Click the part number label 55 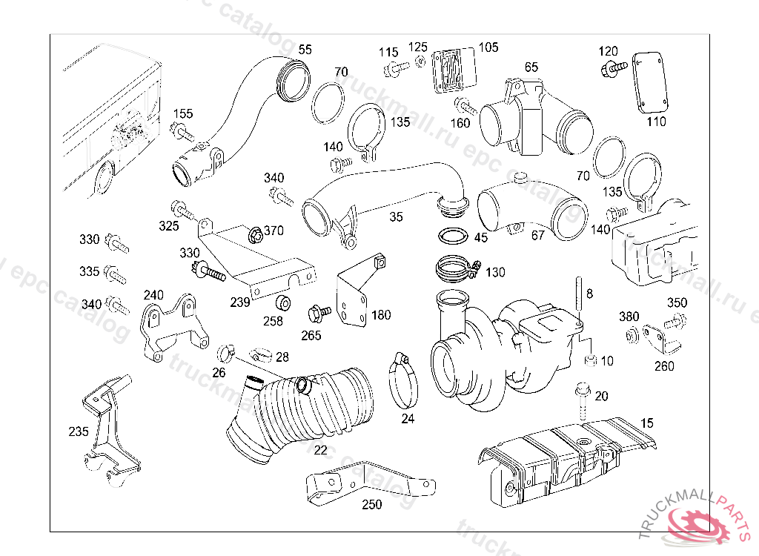coord(305,50)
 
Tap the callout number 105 coord(488,47)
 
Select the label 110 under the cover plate coord(657,122)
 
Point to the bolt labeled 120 coord(613,68)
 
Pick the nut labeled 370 coord(255,235)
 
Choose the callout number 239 coord(240,302)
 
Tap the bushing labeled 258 coord(283,302)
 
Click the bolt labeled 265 coord(319,313)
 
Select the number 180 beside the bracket coord(381,315)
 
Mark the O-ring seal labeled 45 coord(454,236)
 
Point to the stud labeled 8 coord(578,299)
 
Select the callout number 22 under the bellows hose coord(320,451)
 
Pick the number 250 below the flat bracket coord(372,505)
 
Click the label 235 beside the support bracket coord(79,431)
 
